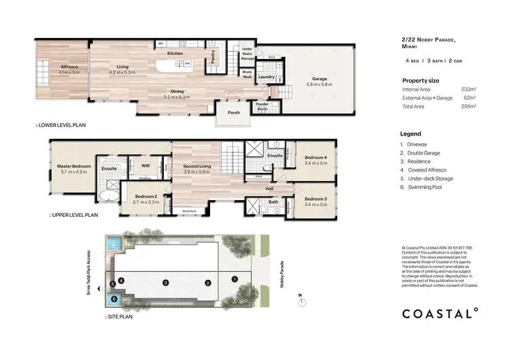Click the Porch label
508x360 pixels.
click(x=234, y=113)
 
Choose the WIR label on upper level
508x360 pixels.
click(x=144, y=165)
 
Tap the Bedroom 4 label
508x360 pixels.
click(x=316, y=157)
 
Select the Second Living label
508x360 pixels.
click(x=196, y=165)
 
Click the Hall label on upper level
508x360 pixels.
click(x=269, y=188)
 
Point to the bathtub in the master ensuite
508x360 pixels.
click(x=107, y=197)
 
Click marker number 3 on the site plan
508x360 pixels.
click(x=165, y=282)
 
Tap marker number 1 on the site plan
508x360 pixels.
click(x=234, y=279)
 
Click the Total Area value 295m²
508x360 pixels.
click(x=469, y=106)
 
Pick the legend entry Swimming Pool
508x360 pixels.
click(x=425, y=186)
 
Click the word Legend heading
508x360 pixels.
click(x=410, y=134)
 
